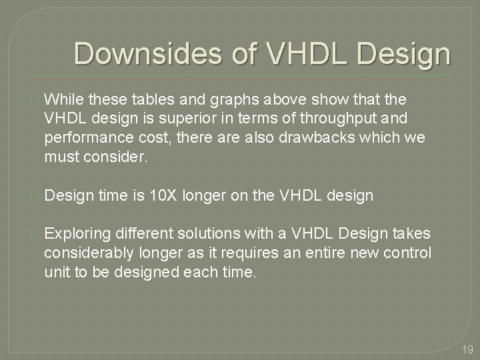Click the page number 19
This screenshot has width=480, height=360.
coord(466,348)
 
